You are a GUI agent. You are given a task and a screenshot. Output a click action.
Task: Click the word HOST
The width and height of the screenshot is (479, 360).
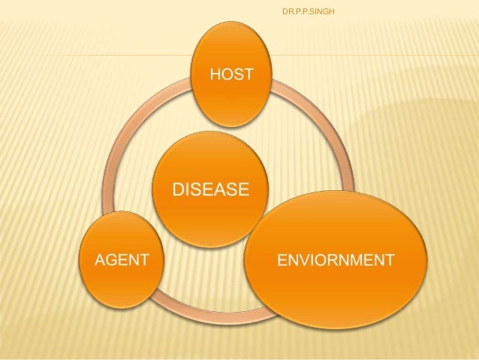(231, 74)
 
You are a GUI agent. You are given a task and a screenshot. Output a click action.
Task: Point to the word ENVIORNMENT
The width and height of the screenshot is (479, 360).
(335, 260)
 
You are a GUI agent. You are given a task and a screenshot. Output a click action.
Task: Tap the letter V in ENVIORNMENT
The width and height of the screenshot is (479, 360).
(300, 260)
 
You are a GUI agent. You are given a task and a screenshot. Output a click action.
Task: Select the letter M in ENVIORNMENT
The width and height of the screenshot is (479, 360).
(359, 260)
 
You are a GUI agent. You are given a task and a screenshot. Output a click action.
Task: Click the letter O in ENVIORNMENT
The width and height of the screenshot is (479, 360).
(319, 260)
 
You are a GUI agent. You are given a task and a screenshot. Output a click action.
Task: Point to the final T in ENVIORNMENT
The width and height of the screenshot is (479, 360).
(389, 260)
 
